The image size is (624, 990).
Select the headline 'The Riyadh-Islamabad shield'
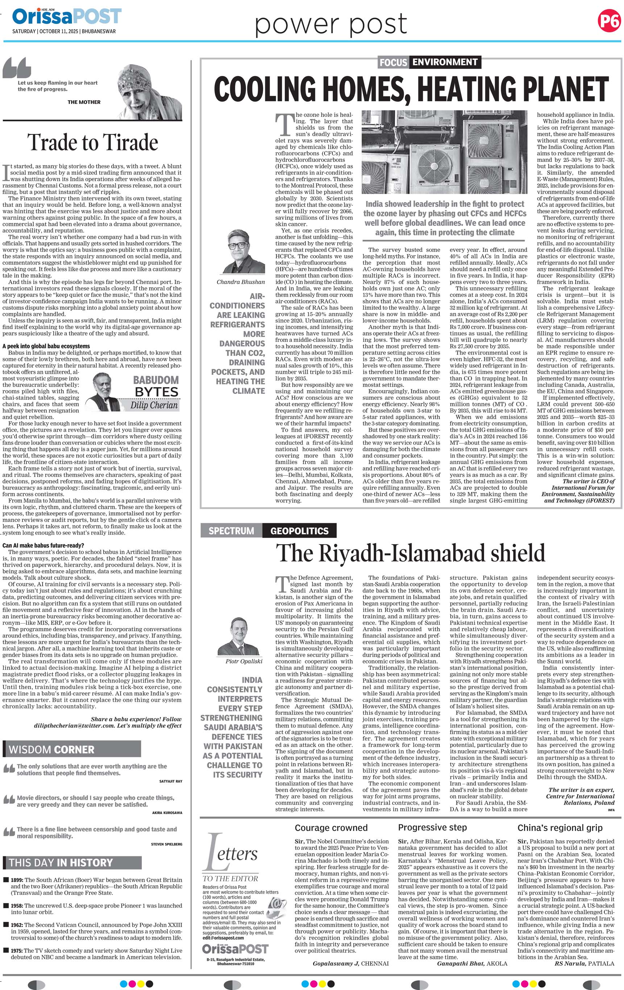pos(410,553)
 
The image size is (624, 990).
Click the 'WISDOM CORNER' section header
pos(51,750)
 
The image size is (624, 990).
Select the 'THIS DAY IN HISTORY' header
pos(61,863)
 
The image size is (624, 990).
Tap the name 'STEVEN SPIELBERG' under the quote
pos(166,844)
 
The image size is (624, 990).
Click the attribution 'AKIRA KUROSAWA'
pos(167,813)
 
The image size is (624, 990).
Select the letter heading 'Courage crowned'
pos(331,828)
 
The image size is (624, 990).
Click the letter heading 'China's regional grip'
pos(560,828)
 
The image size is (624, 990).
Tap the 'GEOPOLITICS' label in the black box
pos(299,531)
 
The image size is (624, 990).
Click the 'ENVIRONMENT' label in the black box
pos(445,62)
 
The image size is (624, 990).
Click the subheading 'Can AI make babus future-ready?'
pos(43,546)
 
